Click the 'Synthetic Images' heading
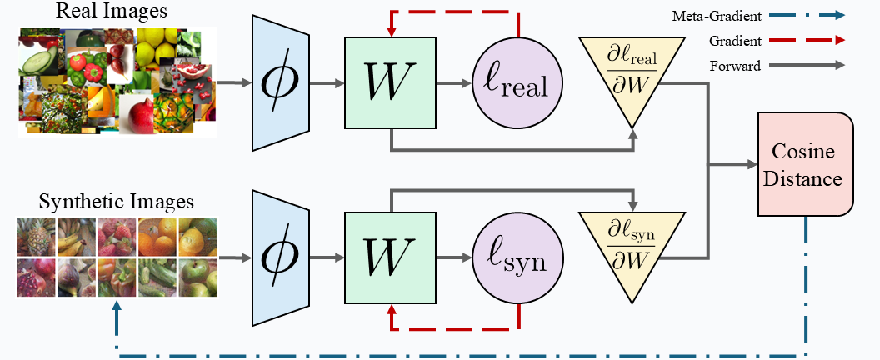tap(117, 202)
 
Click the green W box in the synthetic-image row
tap(391, 259)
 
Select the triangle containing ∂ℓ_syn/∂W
tap(630, 242)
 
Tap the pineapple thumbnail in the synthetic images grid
tap(37, 237)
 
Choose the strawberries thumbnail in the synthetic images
tap(117, 237)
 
